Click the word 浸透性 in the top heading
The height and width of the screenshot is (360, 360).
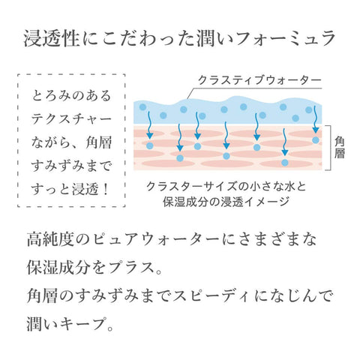pos(52,38)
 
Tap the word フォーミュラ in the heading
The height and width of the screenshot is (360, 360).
pos(285,38)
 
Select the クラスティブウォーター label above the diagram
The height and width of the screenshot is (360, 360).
pos(259,80)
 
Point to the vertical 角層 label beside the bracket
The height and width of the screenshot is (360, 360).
pos(340,148)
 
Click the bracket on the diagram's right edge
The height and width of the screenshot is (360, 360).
pos(331,148)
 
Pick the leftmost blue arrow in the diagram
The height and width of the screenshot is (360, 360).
pos(149,125)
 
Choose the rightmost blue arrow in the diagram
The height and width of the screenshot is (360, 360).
pos(316,119)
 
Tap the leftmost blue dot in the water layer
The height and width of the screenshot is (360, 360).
pos(142,107)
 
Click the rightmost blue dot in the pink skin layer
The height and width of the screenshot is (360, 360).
pos(316,140)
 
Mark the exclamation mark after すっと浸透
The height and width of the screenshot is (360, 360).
pos(106,190)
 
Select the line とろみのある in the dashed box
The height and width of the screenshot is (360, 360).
pos(71,96)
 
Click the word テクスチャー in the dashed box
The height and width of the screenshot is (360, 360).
pos(71,119)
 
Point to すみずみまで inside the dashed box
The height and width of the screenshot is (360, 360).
pos(71,166)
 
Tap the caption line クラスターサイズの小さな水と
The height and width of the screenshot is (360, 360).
pos(226,186)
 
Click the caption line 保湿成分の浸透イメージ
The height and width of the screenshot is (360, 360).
pos(226,202)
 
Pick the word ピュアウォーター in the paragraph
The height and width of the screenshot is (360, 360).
pos(156,239)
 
